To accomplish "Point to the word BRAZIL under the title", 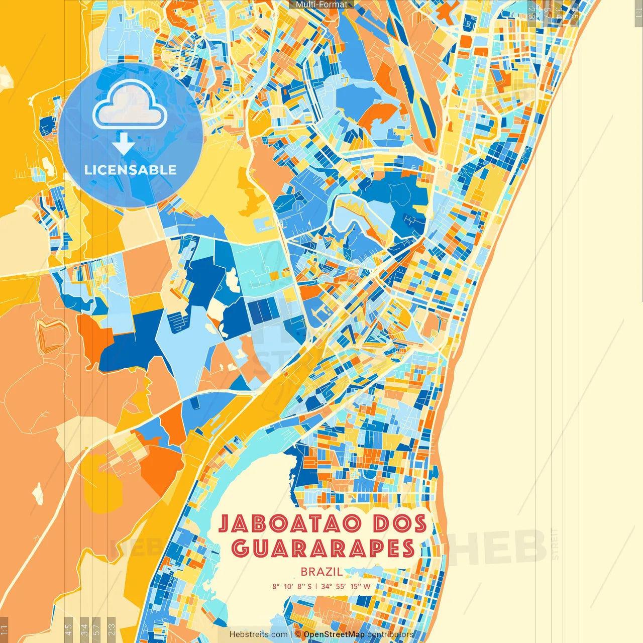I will [x=321, y=571].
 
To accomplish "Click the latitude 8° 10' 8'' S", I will [x=292, y=586].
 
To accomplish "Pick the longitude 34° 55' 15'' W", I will [x=346, y=586].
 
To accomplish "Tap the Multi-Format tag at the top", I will [x=321, y=5].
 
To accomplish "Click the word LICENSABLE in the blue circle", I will [x=131, y=170].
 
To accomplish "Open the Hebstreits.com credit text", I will [x=258, y=634].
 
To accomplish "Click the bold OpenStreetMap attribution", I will [x=334, y=634].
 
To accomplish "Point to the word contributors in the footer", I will [x=390, y=634].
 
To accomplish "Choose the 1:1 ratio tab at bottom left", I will [x=4, y=629].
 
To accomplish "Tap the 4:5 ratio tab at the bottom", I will [x=68, y=628].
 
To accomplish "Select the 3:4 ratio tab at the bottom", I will [x=84, y=628].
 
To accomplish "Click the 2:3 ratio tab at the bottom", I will [x=112, y=628].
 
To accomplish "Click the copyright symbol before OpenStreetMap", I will [x=298, y=634].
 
